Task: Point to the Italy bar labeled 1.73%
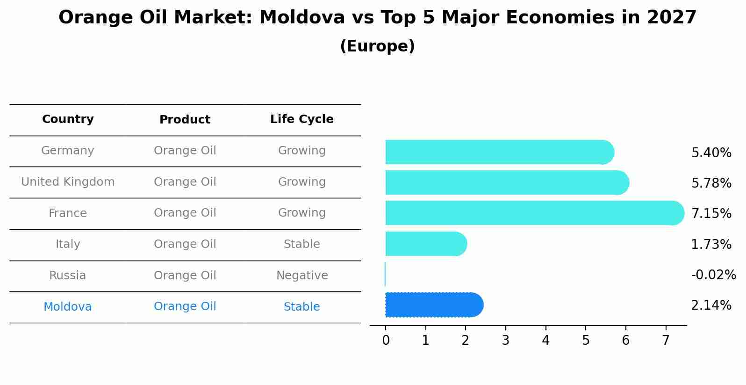click(x=426, y=244)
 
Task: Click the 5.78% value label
click(x=711, y=183)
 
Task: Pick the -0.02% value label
click(x=713, y=275)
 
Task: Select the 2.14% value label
click(x=711, y=305)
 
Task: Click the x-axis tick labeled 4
click(x=545, y=341)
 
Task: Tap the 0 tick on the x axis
click(x=386, y=341)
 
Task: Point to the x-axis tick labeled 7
click(x=666, y=341)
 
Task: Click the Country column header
click(x=68, y=119)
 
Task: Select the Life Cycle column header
click(x=301, y=119)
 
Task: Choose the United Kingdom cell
click(x=68, y=182)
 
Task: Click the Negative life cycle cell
click(x=301, y=276)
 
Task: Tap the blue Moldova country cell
click(x=68, y=307)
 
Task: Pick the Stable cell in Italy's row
click(x=301, y=244)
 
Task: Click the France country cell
click(x=68, y=213)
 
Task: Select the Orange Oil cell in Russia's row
click(x=185, y=276)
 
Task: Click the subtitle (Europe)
click(x=377, y=46)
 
